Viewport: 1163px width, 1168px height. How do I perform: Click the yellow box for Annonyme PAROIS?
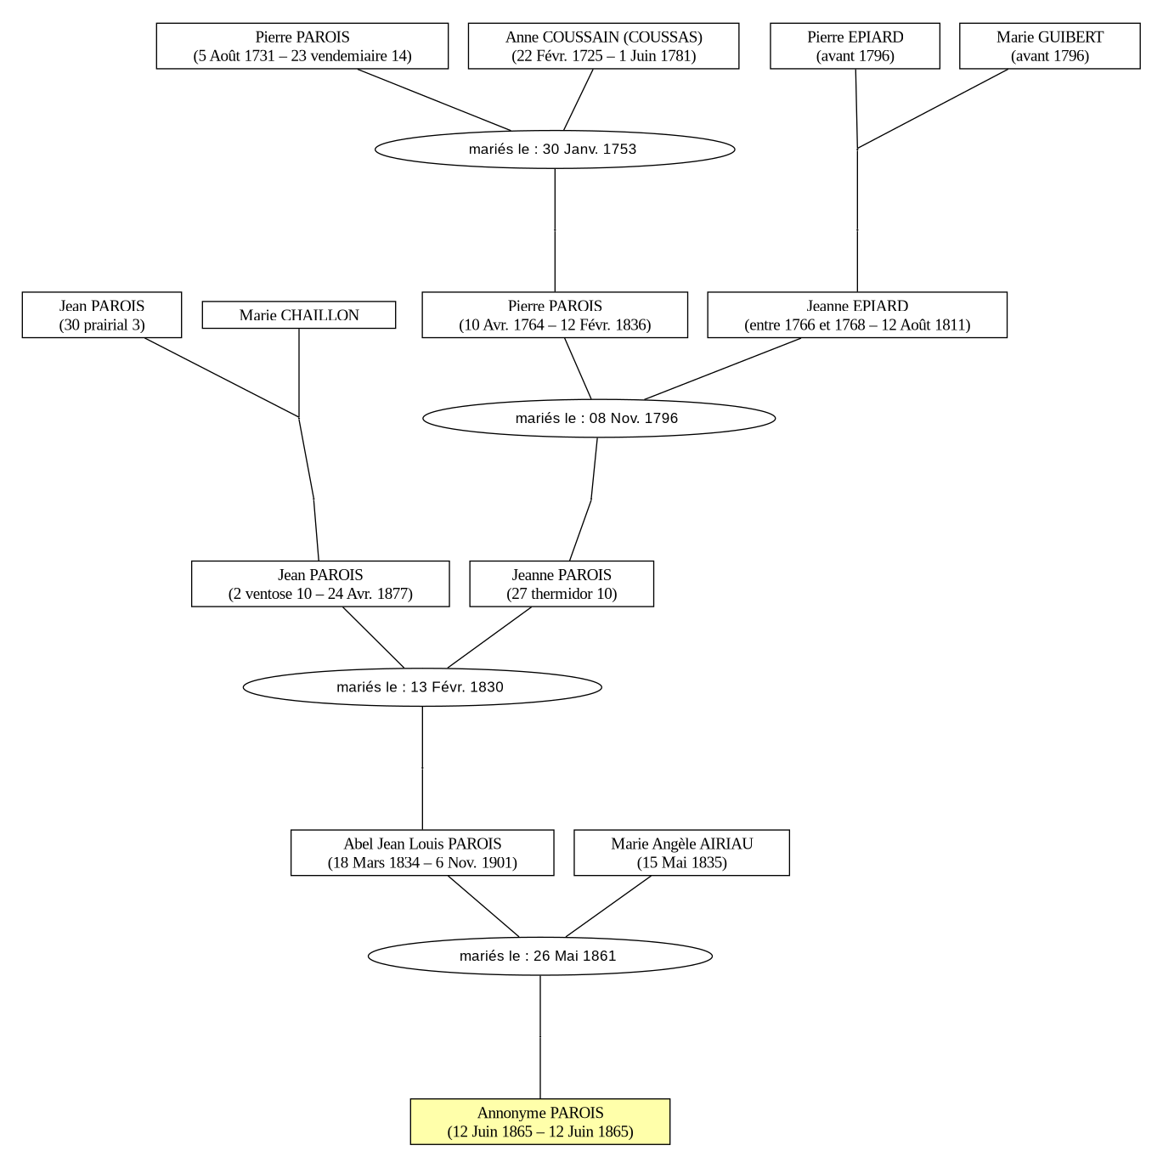539,1121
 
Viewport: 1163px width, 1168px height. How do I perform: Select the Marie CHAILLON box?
298,314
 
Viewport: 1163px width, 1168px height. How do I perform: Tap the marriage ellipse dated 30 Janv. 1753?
554,150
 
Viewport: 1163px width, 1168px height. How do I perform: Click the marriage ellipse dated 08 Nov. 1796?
598,418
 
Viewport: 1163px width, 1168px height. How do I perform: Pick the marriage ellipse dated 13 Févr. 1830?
422,686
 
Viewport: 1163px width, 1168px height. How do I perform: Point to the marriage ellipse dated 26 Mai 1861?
539,956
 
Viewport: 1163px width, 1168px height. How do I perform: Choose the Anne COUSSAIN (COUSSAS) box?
603,46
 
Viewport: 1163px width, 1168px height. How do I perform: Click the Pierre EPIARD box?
855,46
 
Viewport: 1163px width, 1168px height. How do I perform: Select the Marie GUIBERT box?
1049,46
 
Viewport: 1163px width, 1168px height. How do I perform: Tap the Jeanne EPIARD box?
857,314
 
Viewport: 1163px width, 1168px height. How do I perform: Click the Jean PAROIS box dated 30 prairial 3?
102,314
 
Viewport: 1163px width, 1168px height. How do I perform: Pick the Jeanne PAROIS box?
562,584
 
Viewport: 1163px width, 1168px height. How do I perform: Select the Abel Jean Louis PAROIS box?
422,852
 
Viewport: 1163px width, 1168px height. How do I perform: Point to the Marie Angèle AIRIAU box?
681,852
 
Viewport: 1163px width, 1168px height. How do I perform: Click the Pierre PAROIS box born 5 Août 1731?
302,46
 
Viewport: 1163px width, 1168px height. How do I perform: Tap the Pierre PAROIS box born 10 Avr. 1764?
554,314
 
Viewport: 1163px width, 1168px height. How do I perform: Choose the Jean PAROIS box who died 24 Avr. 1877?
320,584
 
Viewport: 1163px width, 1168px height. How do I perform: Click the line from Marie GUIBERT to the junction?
933,109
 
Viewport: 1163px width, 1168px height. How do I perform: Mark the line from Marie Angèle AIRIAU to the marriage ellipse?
608,906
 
